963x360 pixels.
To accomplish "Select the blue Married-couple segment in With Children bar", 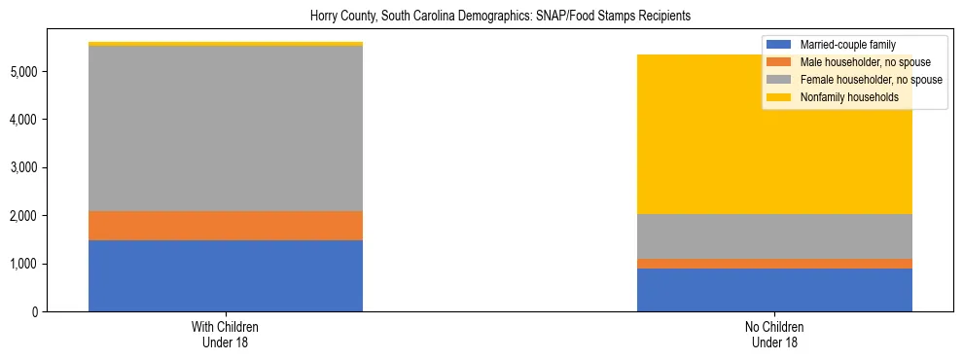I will (x=226, y=275).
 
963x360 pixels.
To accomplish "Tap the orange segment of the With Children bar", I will (x=226, y=226).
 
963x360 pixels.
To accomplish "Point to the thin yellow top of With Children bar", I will (x=226, y=44).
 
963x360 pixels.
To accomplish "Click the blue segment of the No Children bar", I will (x=774, y=290).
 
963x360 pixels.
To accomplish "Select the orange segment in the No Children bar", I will (x=774, y=264).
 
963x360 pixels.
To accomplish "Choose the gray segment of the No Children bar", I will (x=774, y=236).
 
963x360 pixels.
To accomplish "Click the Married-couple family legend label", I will (x=847, y=45).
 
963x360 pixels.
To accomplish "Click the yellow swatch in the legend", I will (x=779, y=97).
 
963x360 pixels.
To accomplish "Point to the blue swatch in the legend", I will (x=779, y=45).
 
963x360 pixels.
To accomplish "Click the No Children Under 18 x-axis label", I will (x=774, y=335).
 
